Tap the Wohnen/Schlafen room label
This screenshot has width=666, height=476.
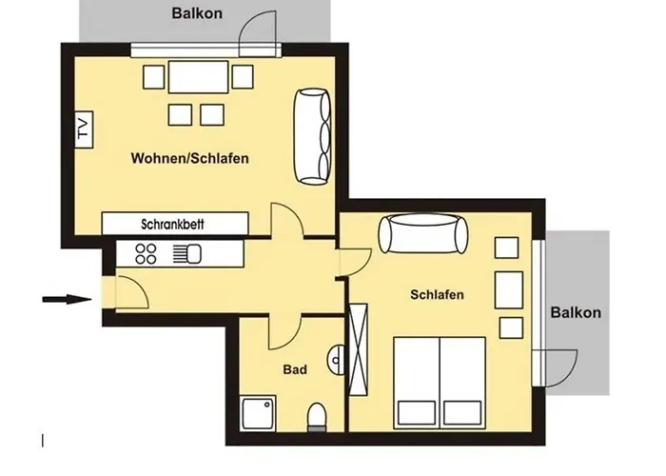point(189,159)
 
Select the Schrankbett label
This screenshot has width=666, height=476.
point(174,225)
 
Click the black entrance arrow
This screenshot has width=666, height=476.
point(65,299)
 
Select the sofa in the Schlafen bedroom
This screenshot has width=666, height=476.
point(423,233)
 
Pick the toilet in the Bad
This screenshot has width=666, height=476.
point(318,417)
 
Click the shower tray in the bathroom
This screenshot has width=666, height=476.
point(257,415)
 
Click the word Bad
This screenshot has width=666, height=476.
point(295,369)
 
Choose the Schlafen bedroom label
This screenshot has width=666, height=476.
point(437,295)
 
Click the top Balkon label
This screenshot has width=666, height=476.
point(197,14)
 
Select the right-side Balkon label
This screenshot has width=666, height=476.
point(576,312)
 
